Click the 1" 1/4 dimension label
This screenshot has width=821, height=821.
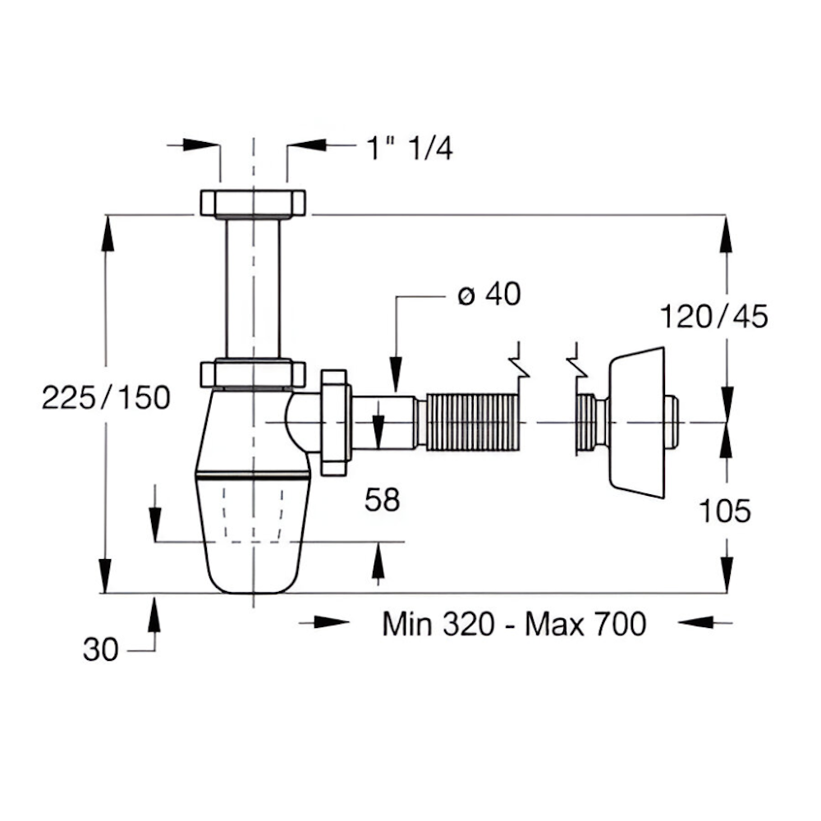point(410,148)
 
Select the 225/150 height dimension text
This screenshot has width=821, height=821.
point(106,397)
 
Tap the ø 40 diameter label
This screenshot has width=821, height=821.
point(489,294)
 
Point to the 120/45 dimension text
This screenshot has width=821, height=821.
point(713,316)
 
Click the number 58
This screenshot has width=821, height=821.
point(383,499)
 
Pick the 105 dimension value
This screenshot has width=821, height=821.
point(725,511)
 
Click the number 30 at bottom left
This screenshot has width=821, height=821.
point(100,649)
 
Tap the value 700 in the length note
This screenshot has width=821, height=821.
point(621,624)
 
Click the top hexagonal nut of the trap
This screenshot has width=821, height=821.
point(253,204)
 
